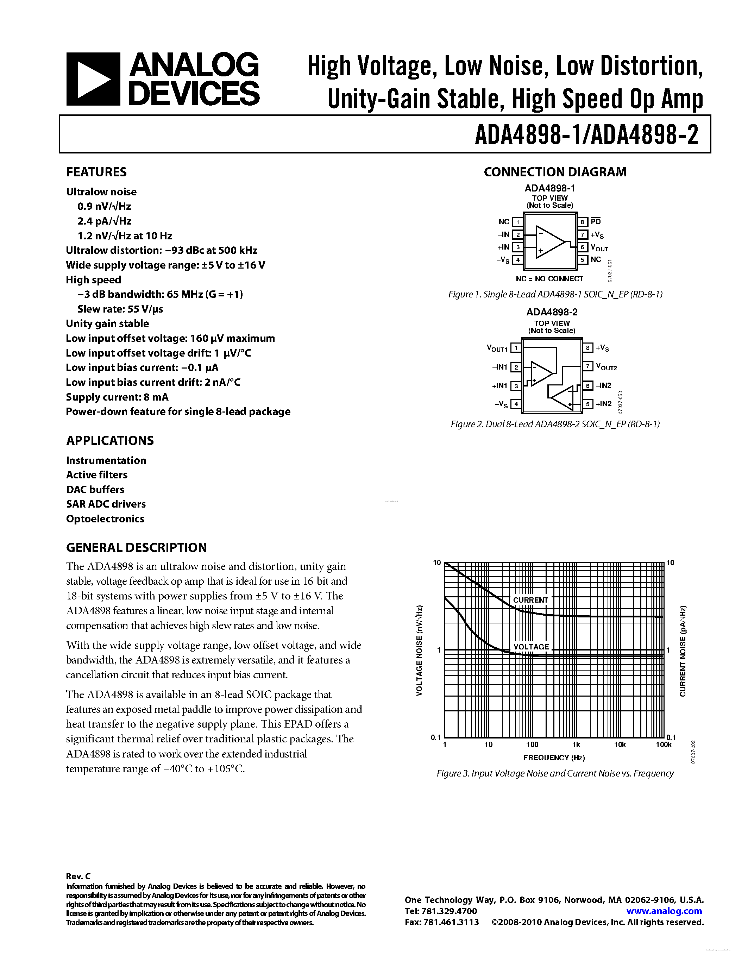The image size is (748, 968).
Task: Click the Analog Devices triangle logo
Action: click(93, 79)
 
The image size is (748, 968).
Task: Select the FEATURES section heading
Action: click(96, 172)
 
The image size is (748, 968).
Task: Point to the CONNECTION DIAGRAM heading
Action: click(555, 172)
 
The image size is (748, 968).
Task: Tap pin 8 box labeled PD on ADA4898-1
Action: click(583, 222)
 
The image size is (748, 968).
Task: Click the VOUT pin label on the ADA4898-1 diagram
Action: click(599, 248)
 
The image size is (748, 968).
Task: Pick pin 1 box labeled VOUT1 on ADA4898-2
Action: click(515, 348)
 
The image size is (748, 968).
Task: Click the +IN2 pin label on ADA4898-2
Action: click(604, 404)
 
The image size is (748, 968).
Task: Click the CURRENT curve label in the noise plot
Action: click(530, 600)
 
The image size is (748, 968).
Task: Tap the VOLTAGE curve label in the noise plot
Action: click(531, 647)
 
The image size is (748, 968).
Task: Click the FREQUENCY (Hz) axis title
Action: click(554, 758)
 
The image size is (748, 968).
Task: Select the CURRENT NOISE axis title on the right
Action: click(683, 650)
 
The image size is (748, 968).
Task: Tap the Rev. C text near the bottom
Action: click(78, 876)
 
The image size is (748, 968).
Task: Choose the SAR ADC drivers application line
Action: click(106, 504)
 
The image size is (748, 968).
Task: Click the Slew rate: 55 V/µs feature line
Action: click(120, 309)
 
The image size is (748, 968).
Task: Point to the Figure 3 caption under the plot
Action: click(555, 773)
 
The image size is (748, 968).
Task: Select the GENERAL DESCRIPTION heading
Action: click(137, 547)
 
